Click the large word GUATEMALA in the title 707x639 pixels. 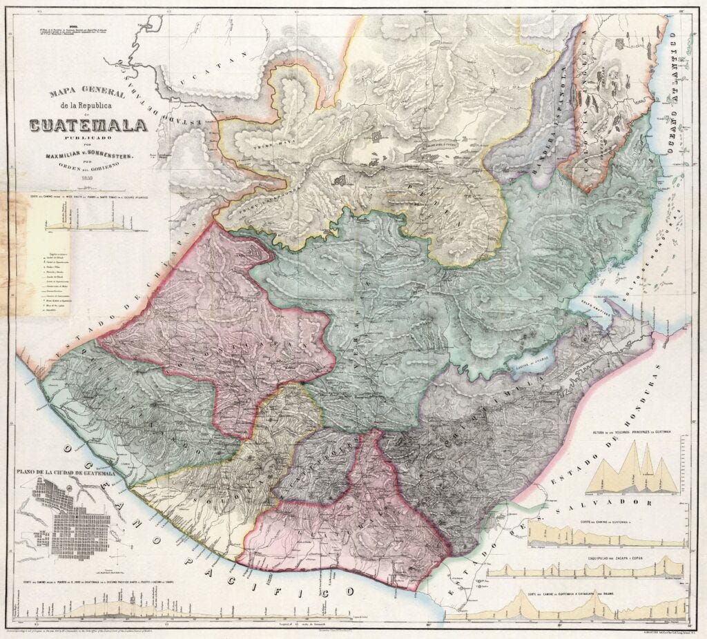[88, 126]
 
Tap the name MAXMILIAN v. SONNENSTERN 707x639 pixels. [88, 157]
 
